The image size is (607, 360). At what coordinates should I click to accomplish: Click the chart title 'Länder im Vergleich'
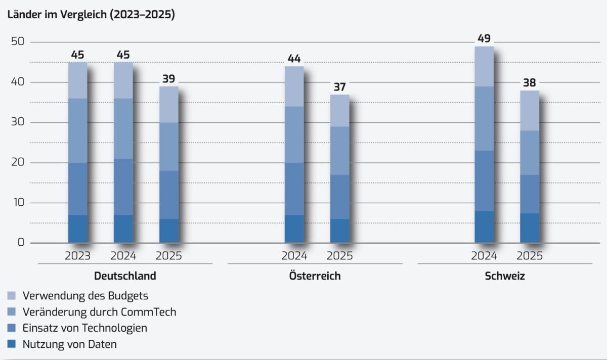[x=91, y=15]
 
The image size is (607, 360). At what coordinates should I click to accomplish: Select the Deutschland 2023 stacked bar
[x=77, y=152]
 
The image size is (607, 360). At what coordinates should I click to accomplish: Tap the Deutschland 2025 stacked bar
[x=168, y=164]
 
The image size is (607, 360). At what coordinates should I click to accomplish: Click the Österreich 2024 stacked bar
[x=294, y=154]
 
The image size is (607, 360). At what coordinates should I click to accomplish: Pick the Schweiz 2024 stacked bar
[x=484, y=144]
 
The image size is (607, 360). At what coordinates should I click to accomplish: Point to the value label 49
[x=484, y=38]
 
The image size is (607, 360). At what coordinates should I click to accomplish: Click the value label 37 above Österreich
[x=339, y=87]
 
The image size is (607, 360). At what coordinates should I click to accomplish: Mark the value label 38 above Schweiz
[x=530, y=82]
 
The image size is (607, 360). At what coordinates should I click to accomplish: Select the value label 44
[x=294, y=59]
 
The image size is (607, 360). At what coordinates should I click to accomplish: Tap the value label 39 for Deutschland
[x=168, y=78]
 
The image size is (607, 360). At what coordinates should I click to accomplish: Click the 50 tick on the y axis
[x=18, y=42]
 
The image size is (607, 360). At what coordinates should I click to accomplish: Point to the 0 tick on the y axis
[x=21, y=243]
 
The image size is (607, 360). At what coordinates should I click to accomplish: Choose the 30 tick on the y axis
[x=18, y=122]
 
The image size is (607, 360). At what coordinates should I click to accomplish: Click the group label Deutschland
[x=125, y=276]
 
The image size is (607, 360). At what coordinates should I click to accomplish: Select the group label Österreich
[x=315, y=276]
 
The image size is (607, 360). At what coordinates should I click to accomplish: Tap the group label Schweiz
[x=505, y=276]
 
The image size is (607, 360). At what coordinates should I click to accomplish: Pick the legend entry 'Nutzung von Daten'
[x=70, y=344]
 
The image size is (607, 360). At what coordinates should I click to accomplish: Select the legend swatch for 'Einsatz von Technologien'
[x=12, y=328]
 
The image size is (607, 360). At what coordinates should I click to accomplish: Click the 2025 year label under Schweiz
[x=530, y=256]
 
